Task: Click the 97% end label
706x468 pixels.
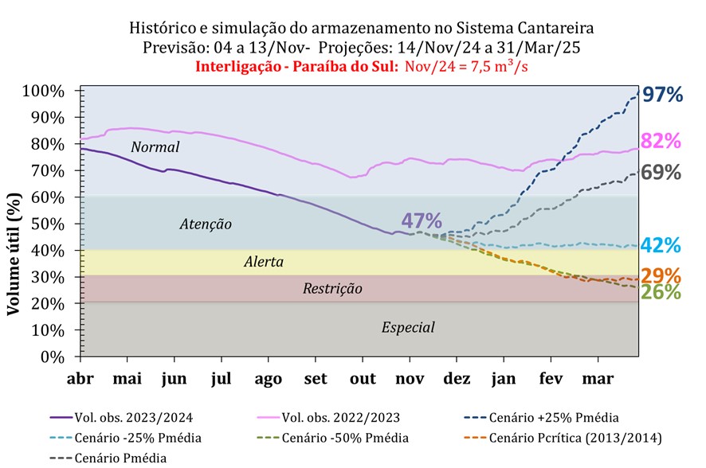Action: [663, 95]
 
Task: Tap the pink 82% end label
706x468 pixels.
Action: [661, 142]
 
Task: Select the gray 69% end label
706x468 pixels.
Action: [661, 173]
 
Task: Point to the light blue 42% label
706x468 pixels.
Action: [661, 245]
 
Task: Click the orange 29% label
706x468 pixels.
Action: [661, 276]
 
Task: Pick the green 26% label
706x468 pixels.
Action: [661, 292]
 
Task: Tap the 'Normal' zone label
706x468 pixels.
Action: [155, 147]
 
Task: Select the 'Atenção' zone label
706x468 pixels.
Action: [206, 224]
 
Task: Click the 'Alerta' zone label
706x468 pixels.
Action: [264, 262]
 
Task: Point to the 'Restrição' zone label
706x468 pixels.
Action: [332, 288]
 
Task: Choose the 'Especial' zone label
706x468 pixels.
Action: [408, 326]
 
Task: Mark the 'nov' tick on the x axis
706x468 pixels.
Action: [411, 378]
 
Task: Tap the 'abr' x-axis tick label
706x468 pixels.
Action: [80, 378]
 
